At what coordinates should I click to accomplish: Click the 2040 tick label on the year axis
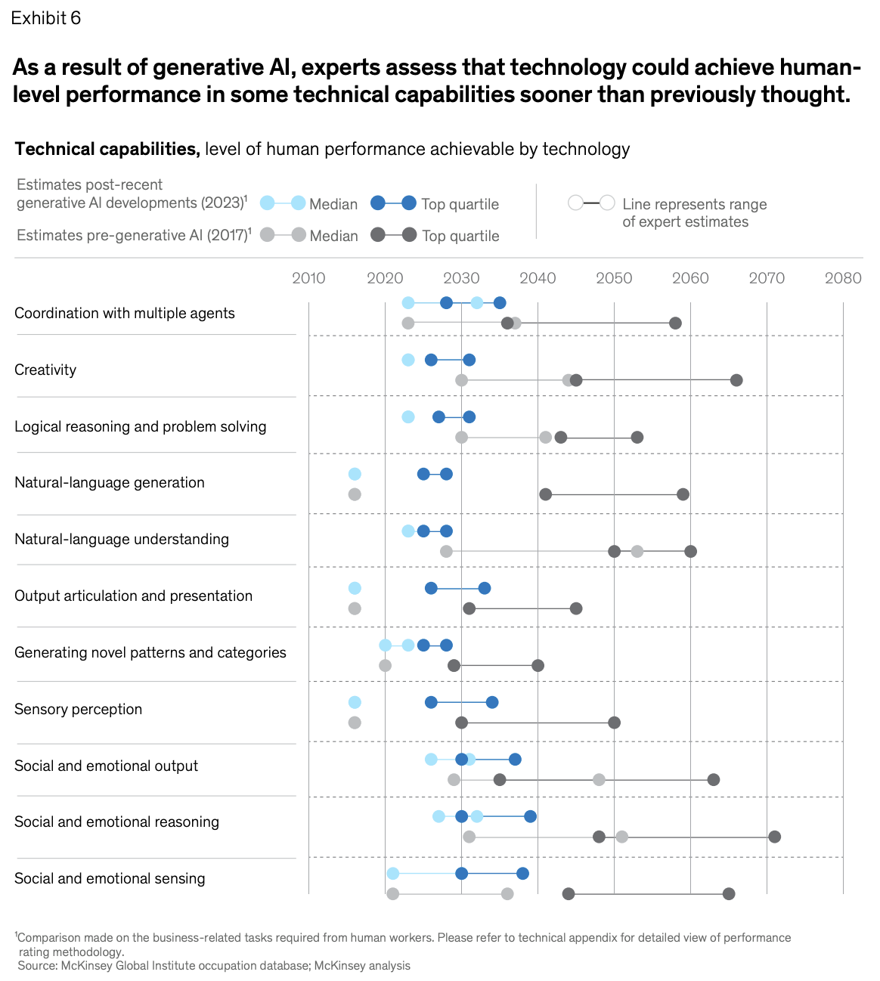[x=538, y=278]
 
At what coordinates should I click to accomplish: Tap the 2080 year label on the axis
[x=843, y=278]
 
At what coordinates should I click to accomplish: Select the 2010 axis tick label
[x=308, y=278]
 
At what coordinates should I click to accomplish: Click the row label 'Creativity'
[x=45, y=370]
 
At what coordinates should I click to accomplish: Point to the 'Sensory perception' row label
[x=78, y=709]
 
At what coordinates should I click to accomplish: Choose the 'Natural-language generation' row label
[x=109, y=482]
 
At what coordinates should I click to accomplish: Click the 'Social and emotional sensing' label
[x=110, y=878]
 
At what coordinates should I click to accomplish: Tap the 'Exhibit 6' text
[x=45, y=18]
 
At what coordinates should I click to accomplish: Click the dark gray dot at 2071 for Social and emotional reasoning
[x=774, y=837]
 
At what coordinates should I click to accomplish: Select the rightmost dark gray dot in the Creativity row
[x=736, y=380]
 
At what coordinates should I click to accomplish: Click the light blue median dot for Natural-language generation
[x=355, y=474]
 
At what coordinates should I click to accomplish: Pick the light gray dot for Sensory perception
[x=355, y=723]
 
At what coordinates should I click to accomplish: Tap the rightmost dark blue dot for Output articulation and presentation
[x=485, y=588]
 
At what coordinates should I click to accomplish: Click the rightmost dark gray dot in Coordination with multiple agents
[x=675, y=323]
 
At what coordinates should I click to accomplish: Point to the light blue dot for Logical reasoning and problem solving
[x=408, y=416]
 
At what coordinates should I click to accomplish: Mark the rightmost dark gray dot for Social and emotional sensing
[x=729, y=894]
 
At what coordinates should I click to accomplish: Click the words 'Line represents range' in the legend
[x=694, y=204]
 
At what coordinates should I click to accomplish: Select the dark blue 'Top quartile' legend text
[x=460, y=204]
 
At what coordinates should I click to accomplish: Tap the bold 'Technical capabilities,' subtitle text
[x=107, y=149]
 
